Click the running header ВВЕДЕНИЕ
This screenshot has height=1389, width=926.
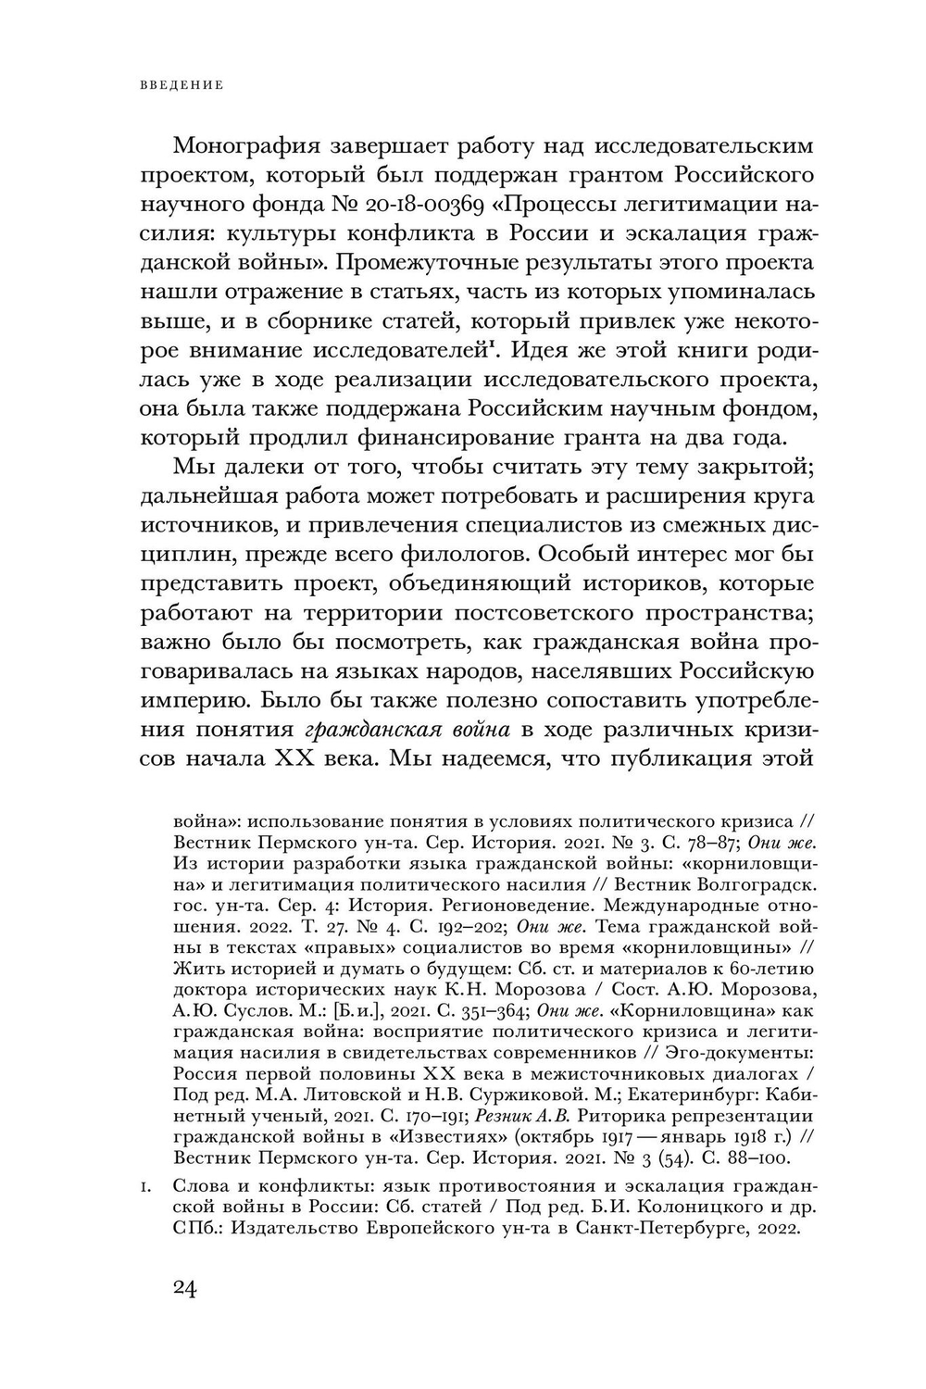coord(181,85)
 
